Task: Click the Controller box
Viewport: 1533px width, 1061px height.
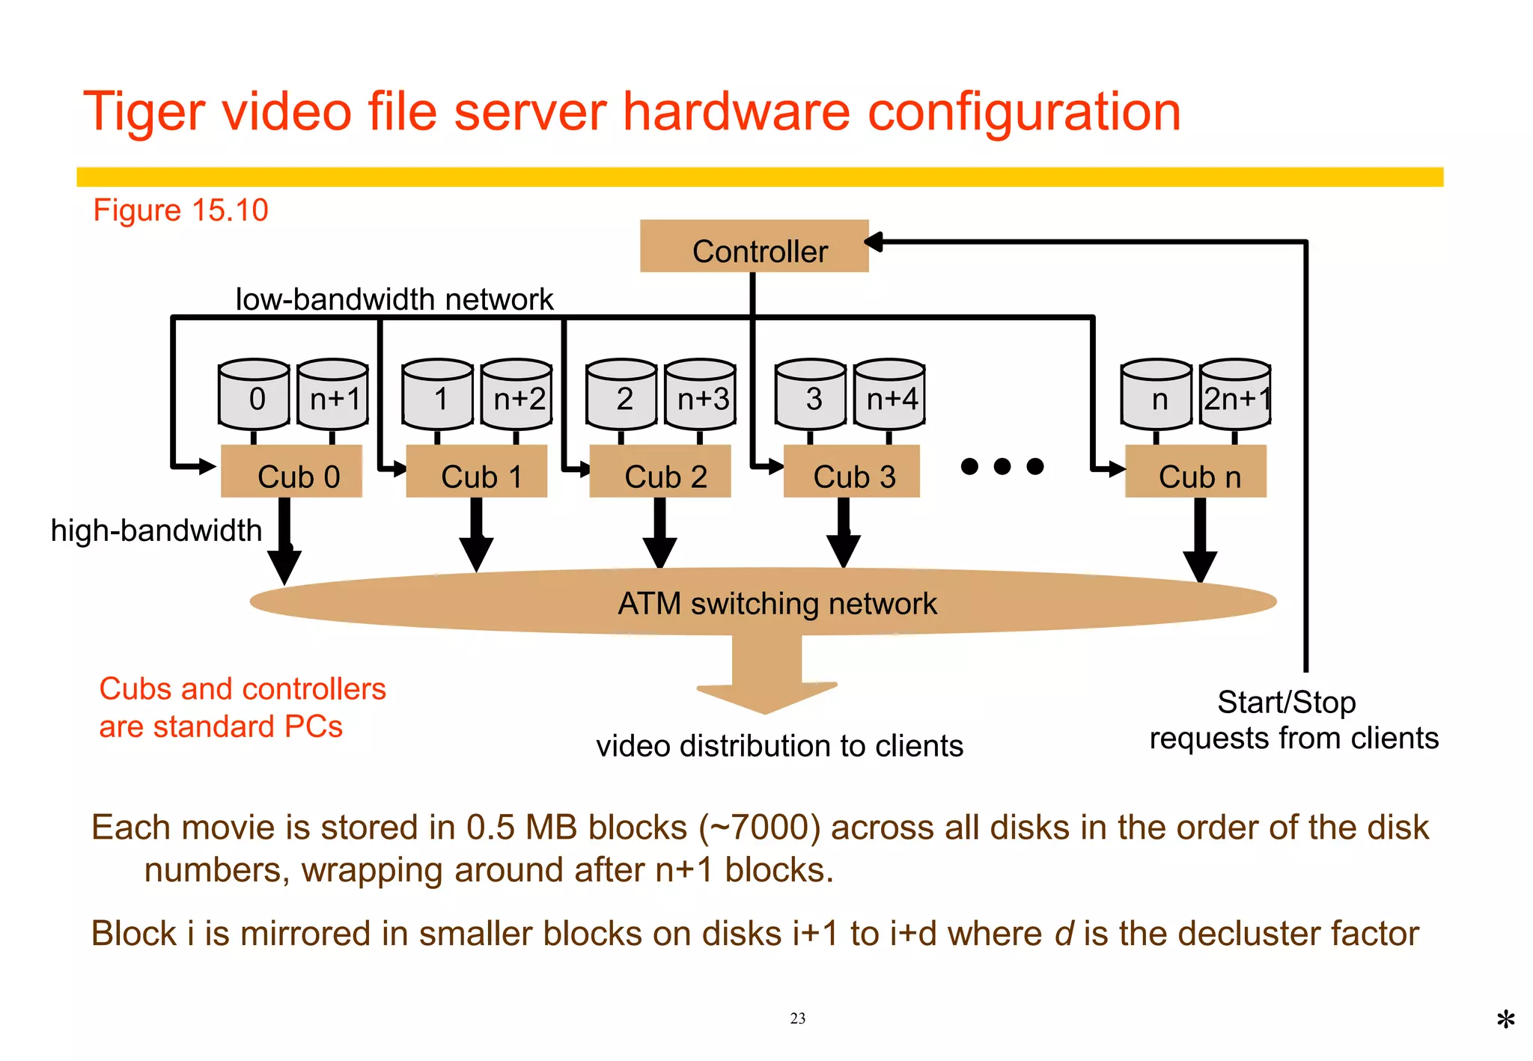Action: pyautogui.click(x=754, y=246)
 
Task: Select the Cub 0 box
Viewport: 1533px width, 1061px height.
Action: pyautogui.click(x=292, y=472)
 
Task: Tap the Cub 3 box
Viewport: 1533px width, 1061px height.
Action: pyautogui.click(x=852, y=472)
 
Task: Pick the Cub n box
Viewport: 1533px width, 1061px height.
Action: pyautogui.click(x=1196, y=472)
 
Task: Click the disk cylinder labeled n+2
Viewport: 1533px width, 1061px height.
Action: pyautogui.click(x=517, y=394)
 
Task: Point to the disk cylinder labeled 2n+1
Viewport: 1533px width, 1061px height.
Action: pyautogui.click(x=1236, y=394)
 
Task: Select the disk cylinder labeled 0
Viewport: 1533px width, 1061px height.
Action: pyautogui.click(x=254, y=394)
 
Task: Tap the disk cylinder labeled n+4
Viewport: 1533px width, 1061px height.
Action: pyautogui.click(x=890, y=394)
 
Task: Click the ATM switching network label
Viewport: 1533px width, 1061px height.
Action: pyautogui.click(x=777, y=603)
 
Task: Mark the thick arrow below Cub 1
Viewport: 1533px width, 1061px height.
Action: pyautogui.click(x=476, y=536)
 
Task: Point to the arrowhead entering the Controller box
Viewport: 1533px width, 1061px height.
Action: pyautogui.click(x=874, y=242)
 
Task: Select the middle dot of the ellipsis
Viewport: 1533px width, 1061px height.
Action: pyautogui.click(x=1002, y=467)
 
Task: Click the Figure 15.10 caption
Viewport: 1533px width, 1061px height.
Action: pyautogui.click(x=180, y=210)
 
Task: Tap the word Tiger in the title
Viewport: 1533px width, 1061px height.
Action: pyautogui.click(x=143, y=112)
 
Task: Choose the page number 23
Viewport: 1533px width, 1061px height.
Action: pyautogui.click(x=798, y=1018)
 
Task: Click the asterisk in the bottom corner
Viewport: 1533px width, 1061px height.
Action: pyautogui.click(x=1505, y=1020)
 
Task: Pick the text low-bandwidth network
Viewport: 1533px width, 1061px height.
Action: pyautogui.click(x=394, y=299)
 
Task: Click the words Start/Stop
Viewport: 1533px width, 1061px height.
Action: pyautogui.click(x=1286, y=702)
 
